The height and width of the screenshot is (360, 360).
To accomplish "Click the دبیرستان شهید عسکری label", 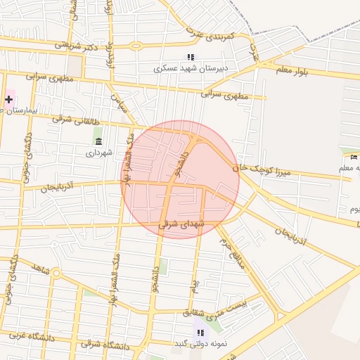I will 189,69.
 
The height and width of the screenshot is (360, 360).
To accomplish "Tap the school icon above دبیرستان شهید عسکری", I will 190,58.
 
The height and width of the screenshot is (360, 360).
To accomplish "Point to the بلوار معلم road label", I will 330,69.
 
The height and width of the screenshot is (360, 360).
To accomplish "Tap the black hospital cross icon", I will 8,100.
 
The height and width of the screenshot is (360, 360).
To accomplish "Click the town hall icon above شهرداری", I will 98,141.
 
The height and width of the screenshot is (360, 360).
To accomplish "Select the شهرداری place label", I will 99,152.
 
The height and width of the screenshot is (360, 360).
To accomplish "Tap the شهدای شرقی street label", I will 181,224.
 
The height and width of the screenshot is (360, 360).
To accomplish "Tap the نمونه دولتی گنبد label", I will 201,343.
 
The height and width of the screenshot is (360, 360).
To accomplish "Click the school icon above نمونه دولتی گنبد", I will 200,332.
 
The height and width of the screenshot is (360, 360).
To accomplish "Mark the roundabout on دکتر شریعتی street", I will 134,46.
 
